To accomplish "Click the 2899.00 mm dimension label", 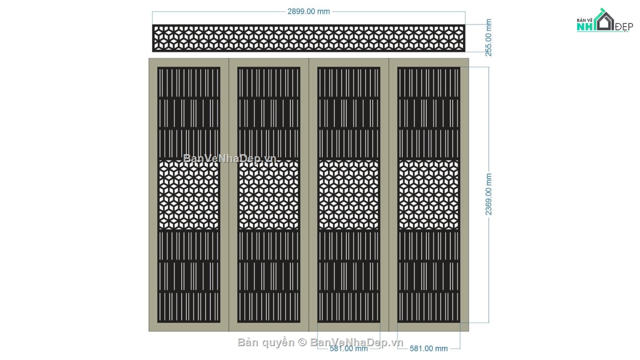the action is (x=309, y=11).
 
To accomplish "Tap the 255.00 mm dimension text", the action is (x=489, y=37).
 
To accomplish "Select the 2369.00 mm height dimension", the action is (x=489, y=194).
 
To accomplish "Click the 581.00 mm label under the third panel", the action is (x=349, y=349).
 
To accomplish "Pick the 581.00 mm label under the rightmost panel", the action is (x=429, y=349).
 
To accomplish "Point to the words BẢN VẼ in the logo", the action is (x=585, y=20).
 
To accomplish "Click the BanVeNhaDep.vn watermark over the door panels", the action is (x=230, y=158).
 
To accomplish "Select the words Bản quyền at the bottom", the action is (x=266, y=342).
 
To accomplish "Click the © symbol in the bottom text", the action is (x=302, y=342).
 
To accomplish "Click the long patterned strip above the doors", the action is (x=309, y=38).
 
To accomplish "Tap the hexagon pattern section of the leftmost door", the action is (x=189, y=195).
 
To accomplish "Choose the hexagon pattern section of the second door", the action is (x=269, y=195).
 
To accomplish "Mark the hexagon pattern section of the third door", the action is (x=349, y=195).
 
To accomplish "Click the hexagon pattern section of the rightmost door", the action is (x=429, y=195).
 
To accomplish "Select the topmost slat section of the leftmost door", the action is (x=189, y=83).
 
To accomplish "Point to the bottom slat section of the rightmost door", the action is (x=429, y=307).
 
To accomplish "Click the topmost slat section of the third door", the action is (x=349, y=83).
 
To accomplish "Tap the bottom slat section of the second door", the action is (x=269, y=307).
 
